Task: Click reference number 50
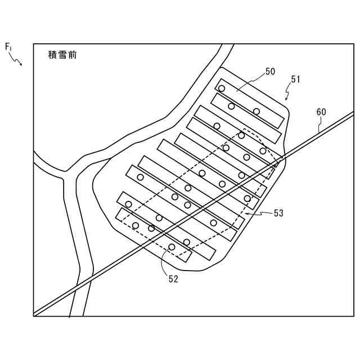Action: (x=270, y=71)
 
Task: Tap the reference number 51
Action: (x=295, y=79)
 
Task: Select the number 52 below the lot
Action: (x=173, y=279)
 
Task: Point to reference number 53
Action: (x=278, y=213)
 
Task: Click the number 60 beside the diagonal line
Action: (x=321, y=112)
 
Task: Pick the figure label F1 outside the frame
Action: (x=8, y=47)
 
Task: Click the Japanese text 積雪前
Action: (x=63, y=55)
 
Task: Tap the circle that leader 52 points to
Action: (x=172, y=247)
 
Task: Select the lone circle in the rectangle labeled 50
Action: (x=222, y=88)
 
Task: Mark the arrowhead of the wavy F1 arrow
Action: (x=21, y=65)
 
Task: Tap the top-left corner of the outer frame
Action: (x=34, y=44)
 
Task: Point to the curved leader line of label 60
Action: (x=319, y=125)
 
